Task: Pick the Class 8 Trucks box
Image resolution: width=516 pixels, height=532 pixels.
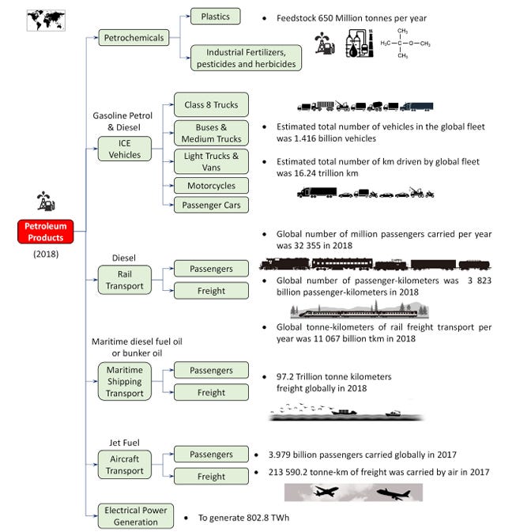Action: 211,104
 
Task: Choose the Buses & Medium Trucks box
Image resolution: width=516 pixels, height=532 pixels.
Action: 211,132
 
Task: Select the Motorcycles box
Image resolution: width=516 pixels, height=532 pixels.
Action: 211,185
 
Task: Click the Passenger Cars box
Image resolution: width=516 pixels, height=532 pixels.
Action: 211,205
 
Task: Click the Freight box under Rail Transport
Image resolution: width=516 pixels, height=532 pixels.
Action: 211,291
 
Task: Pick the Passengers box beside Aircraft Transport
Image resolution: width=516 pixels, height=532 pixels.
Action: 211,455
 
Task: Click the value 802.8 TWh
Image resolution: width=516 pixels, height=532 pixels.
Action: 262,517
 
